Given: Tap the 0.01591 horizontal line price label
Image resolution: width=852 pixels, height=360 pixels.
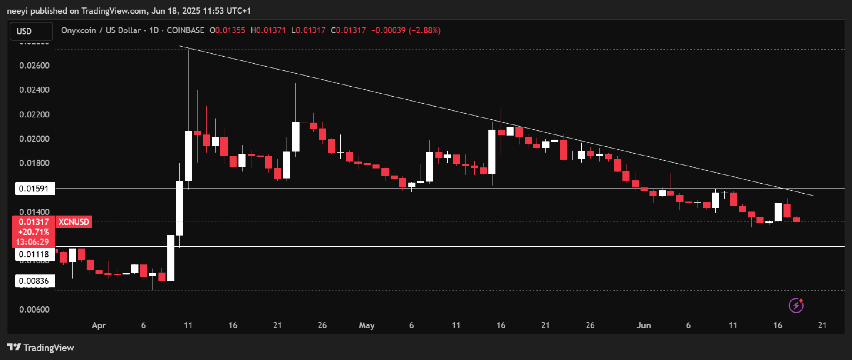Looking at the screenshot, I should [x=35, y=189].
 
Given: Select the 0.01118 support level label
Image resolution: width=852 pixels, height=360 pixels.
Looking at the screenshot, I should [x=35, y=254].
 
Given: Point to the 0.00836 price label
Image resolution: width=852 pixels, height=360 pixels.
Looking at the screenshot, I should [x=35, y=281].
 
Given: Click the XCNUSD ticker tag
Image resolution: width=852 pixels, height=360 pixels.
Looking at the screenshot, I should [x=74, y=222].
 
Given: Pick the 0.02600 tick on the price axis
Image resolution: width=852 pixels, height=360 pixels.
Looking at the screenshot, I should [x=34, y=65].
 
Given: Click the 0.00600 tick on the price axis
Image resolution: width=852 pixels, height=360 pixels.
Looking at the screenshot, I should [x=34, y=309].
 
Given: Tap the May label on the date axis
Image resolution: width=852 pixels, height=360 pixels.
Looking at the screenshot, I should [x=367, y=325].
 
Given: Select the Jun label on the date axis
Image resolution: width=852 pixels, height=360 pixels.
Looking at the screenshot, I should [x=643, y=325].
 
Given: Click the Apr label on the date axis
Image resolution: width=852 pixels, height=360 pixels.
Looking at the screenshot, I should [x=99, y=325].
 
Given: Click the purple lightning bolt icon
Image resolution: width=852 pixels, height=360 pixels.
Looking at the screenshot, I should [x=796, y=305].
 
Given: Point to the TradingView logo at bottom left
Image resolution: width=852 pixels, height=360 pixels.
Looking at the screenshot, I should [x=41, y=348].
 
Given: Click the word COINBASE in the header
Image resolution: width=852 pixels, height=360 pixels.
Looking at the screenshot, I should [x=185, y=30].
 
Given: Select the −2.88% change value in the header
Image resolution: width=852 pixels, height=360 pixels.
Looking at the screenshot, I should [x=424, y=30].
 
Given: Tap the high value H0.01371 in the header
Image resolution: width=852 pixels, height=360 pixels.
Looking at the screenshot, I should [x=268, y=30].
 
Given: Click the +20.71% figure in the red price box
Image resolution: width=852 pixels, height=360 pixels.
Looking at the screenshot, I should [x=34, y=232].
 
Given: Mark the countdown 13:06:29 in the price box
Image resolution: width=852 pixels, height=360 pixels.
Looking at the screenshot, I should [x=32, y=242].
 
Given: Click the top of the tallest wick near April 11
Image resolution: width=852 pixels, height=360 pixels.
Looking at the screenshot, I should [x=188, y=49].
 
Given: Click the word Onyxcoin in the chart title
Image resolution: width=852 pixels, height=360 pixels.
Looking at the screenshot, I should [x=78, y=30].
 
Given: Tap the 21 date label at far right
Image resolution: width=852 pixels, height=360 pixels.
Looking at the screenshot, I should [x=822, y=325].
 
